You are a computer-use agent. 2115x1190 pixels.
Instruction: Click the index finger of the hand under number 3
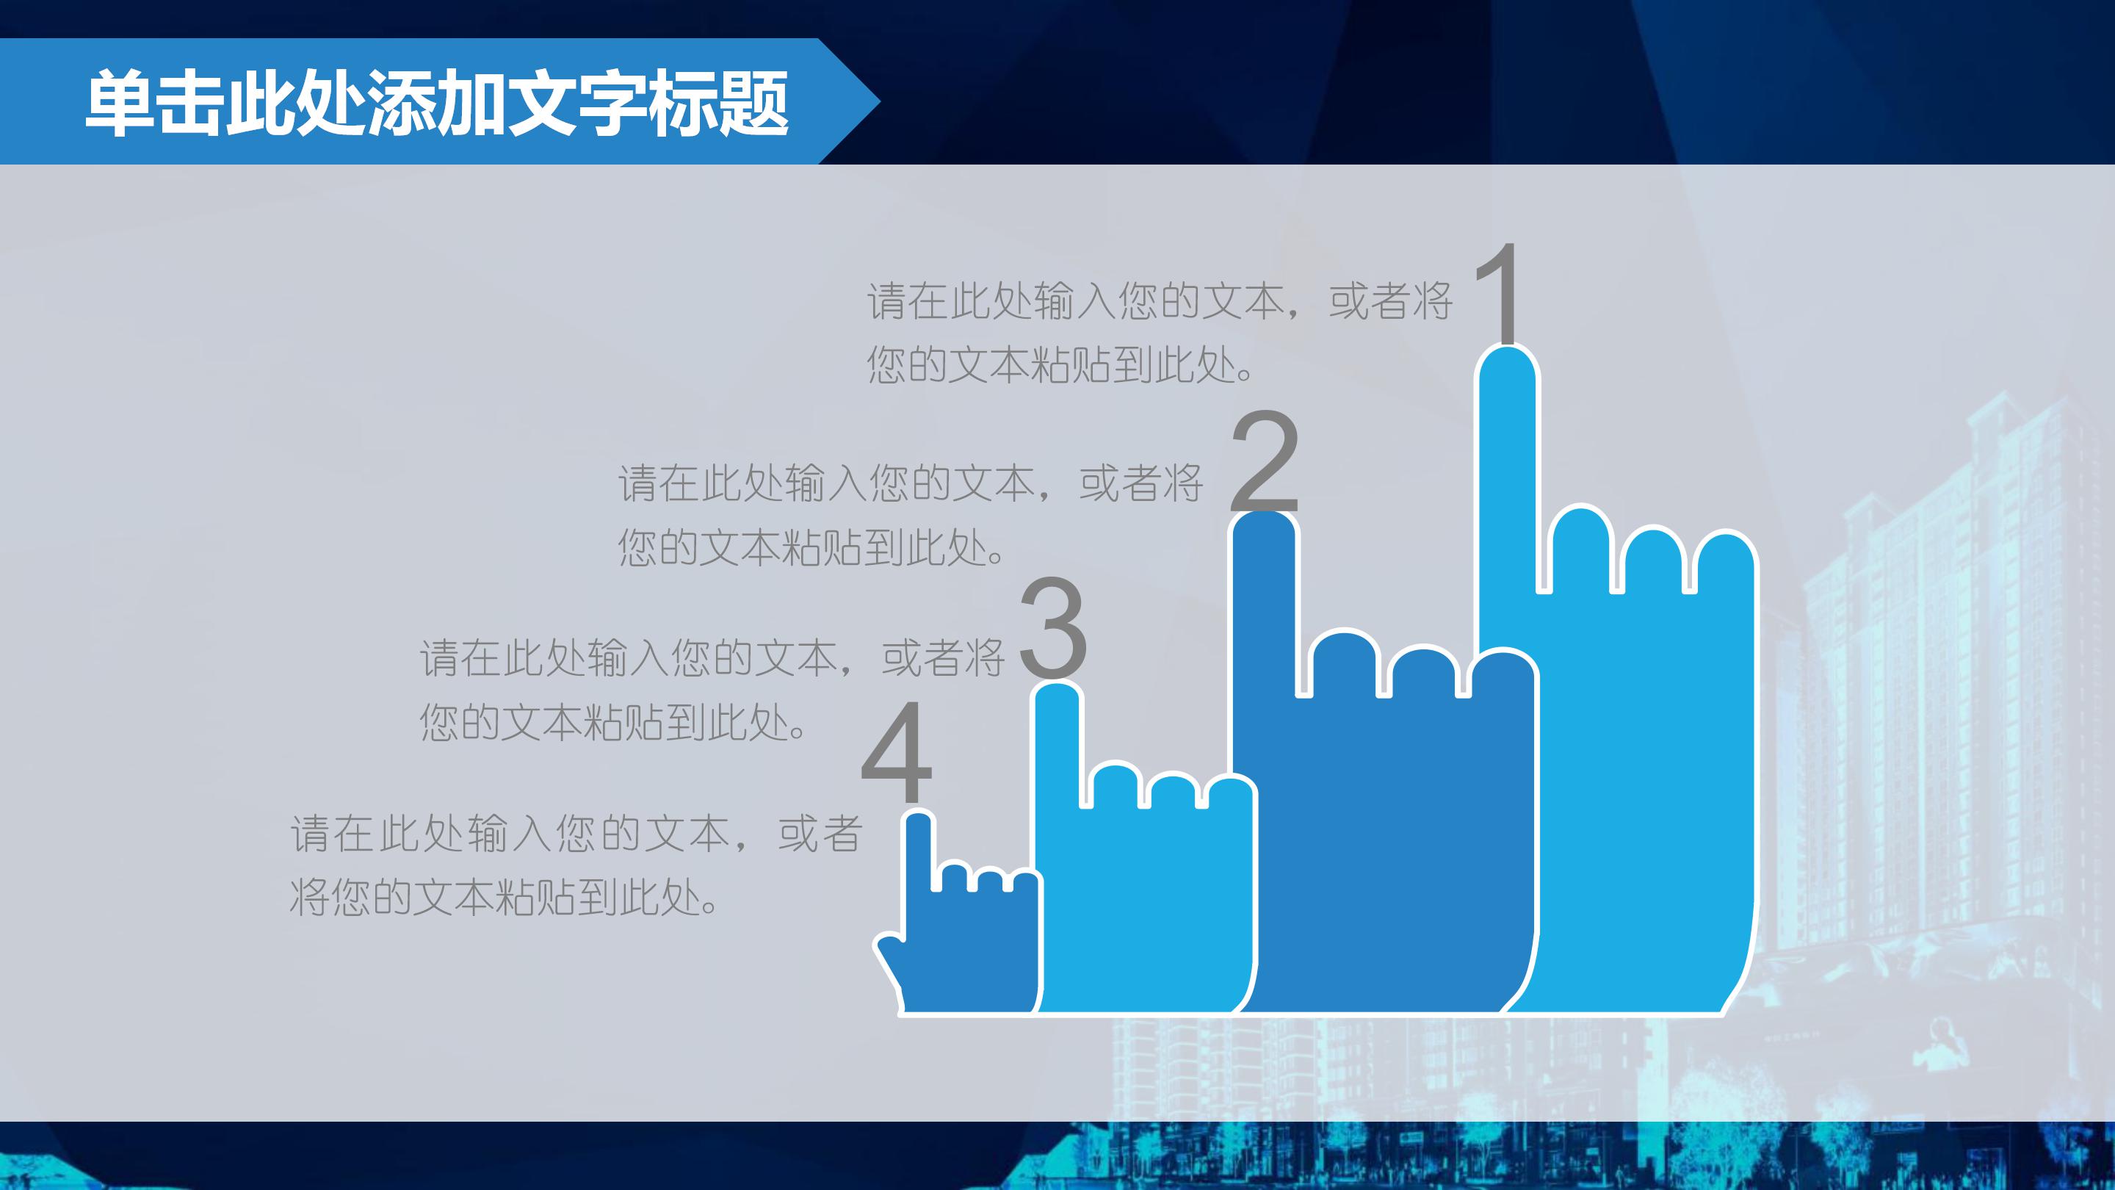click(x=1057, y=739)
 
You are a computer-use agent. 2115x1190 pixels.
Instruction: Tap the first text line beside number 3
click(x=711, y=658)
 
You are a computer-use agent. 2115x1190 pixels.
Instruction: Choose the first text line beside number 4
click(x=575, y=834)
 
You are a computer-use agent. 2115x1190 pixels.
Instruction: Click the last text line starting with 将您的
click(x=505, y=898)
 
